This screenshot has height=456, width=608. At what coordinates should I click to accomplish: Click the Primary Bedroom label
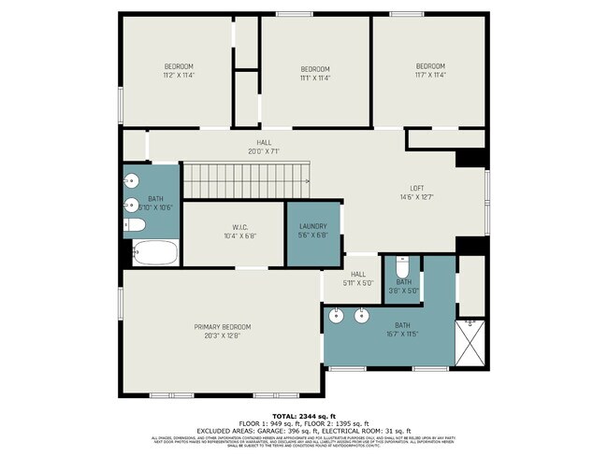pos(223,326)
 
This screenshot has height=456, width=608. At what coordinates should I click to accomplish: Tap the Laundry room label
pos(312,226)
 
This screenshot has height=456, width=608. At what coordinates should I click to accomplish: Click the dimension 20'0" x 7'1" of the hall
pos(264,150)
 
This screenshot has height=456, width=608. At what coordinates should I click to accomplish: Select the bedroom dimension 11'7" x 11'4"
pos(430,75)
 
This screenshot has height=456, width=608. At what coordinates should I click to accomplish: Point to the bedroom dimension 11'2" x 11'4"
pos(179,75)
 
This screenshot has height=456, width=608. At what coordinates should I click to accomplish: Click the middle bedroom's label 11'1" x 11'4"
pos(315,78)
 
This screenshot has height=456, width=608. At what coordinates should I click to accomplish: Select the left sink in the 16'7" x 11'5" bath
pos(339,317)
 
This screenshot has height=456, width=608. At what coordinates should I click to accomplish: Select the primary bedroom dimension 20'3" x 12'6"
pos(223,335)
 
